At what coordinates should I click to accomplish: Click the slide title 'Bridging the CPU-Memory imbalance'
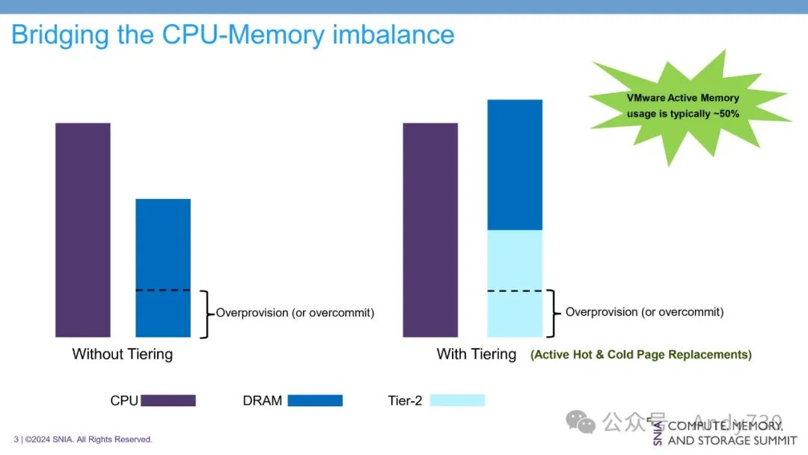tap(233, 34)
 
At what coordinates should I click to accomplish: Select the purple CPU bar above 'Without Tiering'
tap(82, 229)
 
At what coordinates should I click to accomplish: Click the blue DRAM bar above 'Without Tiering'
tap(163, 267)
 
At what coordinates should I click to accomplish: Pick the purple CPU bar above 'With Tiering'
tap(430, 229)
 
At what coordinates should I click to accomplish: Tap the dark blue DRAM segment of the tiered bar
tap(515, 165)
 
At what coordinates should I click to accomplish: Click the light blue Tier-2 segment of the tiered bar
tap(515, 283)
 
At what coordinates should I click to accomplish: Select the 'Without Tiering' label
tap(122, 354)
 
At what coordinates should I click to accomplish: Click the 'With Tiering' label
tap(477, 354)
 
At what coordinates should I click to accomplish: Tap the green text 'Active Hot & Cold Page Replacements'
tap(641, 355)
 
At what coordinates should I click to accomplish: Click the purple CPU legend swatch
tap(168, 400)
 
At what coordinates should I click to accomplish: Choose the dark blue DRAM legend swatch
tap(315, 400)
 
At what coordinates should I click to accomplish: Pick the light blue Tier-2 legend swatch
tap(457, 400)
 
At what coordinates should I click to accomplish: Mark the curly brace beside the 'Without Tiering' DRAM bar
tap(206, 314)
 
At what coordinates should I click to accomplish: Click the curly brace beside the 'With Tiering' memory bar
tap(554, 314)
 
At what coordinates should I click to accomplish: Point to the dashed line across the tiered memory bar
tap(515, 290)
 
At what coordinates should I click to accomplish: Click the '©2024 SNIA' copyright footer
tap(83, 439)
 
